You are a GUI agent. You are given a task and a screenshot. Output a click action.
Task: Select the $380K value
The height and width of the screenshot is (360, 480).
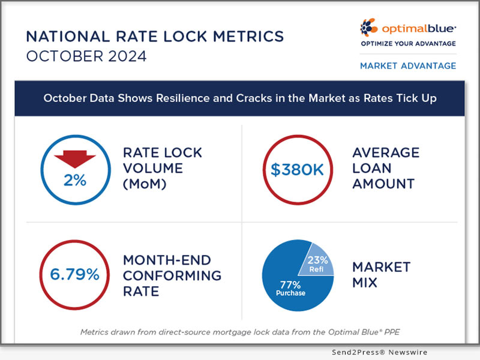coord(296,169)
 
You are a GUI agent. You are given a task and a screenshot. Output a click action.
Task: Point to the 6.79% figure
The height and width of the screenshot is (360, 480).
coord(75,275)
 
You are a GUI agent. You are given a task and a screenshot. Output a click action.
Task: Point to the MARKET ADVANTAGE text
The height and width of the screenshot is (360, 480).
coord(407,65)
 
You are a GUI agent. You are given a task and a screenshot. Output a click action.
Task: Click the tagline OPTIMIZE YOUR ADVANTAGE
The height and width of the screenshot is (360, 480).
coord(407,44)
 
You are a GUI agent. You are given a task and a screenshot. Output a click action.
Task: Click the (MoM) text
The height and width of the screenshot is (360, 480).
coord(145,184)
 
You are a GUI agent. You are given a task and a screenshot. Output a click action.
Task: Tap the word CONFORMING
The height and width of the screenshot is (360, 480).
coord(172,276)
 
